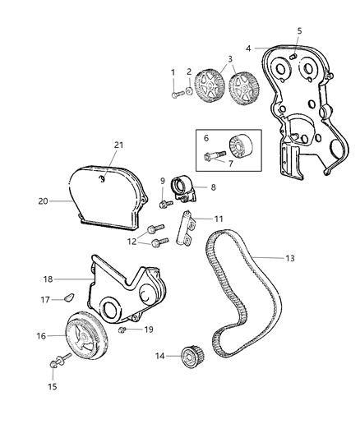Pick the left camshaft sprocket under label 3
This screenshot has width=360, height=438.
[x=208, y=85]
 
